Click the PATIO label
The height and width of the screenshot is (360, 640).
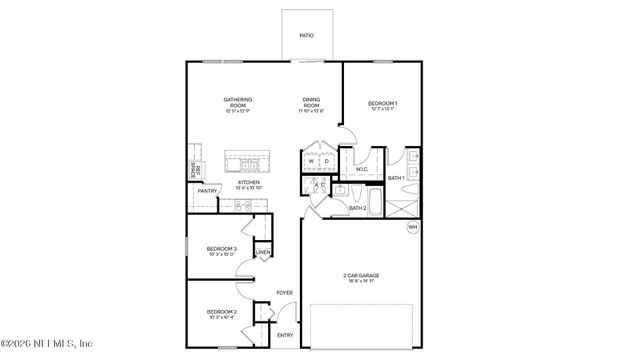click(x=307, y=36)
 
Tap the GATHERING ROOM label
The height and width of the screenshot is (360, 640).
click(x=237, y=102)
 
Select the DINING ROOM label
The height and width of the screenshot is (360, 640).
click(x=312, y=102)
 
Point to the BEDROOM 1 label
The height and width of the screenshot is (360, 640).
click(x=382, y=104)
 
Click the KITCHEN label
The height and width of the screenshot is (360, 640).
click(x=248, y=182)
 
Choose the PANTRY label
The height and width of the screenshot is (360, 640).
click(x=207, y=191)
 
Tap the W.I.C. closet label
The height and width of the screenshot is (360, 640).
click(x=361, y=170)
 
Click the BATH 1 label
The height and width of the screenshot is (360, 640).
click(x=396, y=178)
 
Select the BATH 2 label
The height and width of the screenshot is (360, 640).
click(x=357, y=208)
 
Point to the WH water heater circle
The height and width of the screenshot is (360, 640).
click(x=411, y=228)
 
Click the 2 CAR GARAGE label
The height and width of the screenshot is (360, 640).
click(x=361, y=276)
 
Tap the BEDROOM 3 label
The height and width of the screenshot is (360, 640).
click(x=221, y=249)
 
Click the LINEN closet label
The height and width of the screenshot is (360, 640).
click(x=262, y=252)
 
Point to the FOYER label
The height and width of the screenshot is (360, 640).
click(x=285, y=292)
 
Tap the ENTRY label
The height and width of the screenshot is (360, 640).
click(x=285, y=335)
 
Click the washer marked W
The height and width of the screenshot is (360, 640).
click(x=311, y=161)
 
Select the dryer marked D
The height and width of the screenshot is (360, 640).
click(x=326, y=161)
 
